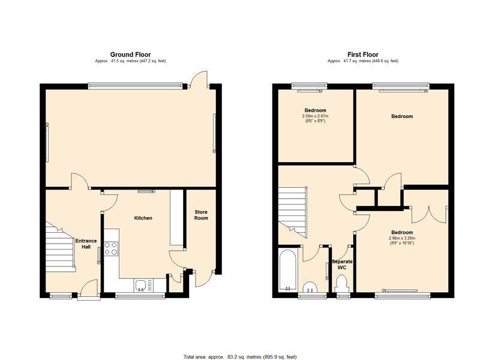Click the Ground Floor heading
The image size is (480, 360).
[x=130, y=55]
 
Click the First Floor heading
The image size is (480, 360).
[x=363, y=55]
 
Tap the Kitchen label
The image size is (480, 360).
[x=143, y=218]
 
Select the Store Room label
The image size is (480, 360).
[x=201, y=215]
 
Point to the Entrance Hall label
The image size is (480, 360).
[x=86, y=244]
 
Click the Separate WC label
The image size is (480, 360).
[x=342, y=265]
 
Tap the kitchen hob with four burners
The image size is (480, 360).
[x=111, y=248]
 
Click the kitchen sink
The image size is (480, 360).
[x=140, y=285]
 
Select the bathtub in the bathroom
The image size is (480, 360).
[x=288, y=269]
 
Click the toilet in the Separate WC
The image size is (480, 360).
[x=341, y=283]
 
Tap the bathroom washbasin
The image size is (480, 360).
[x=310, y=287]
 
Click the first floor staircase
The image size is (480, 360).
[x=292, y=213]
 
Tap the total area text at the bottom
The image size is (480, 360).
[x=240, y=357]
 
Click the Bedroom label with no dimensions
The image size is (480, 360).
[x=402, y=116]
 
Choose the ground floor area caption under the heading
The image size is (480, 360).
[x=130, y=61]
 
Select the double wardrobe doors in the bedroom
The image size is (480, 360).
[x=429, y=214]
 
